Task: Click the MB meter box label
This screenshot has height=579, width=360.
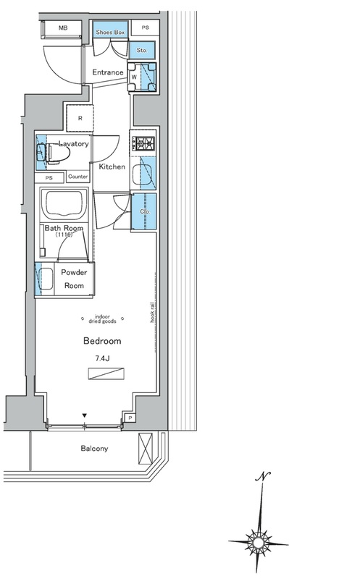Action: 63,28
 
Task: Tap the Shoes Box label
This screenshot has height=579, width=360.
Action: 110,32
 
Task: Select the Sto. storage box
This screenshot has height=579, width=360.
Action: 142,50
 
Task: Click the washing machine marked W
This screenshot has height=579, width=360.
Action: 142,77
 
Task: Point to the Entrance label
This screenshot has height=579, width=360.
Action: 107,72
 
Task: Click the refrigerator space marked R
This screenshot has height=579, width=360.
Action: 80,118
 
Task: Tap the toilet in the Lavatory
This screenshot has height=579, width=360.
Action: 53,153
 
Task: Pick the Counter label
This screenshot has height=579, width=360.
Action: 78,177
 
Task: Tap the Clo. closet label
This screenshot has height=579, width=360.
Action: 145,211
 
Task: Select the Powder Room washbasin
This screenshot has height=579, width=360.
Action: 45,279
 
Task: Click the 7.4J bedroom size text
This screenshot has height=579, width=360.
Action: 102,358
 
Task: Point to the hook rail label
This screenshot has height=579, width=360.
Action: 152,313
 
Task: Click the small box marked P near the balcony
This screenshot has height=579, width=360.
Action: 130,418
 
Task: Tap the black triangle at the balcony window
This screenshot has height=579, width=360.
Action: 85,415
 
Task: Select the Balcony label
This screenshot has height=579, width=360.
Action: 95,448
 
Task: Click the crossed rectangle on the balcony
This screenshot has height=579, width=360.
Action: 146,448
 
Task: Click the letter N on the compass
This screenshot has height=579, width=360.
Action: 263,476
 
